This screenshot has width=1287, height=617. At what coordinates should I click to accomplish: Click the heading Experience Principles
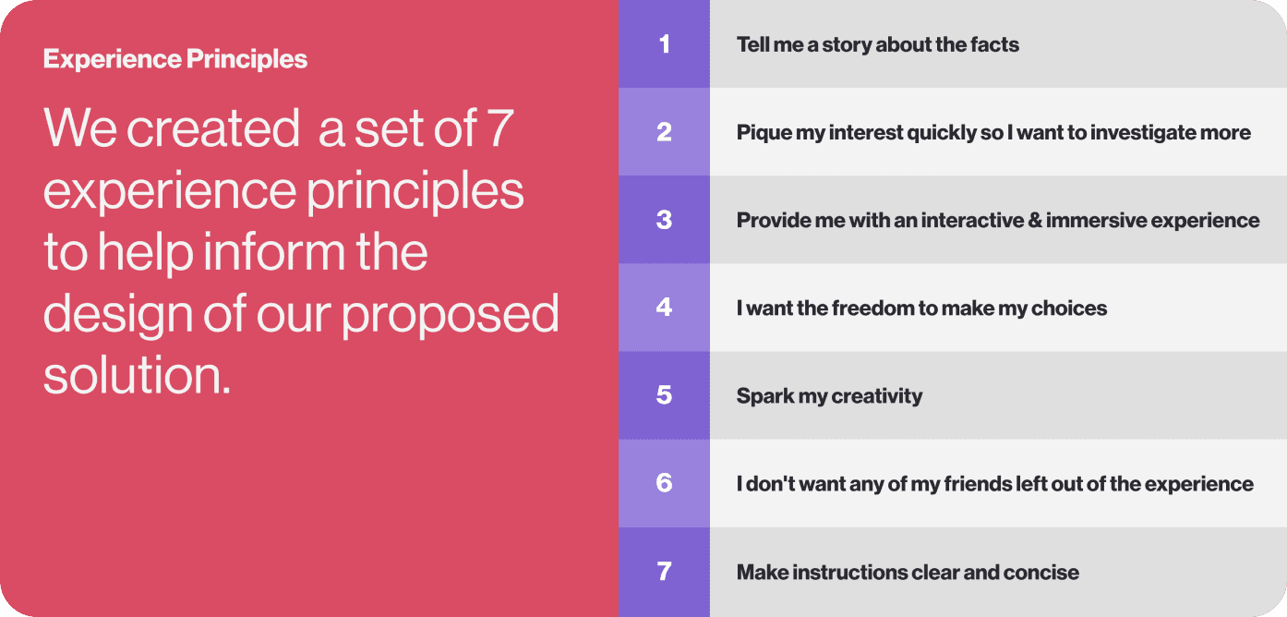click(x=175, y=60)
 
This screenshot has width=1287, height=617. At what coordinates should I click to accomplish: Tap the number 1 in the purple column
click(x=664, y=44)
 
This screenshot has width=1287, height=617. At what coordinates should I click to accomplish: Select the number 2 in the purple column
click(x=664, y=132)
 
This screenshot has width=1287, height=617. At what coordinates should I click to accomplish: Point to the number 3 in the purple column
click(x=664, y=220)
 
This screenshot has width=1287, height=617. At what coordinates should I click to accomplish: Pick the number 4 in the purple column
click(x=664, y=308)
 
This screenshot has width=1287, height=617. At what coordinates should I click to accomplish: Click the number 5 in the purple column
click(x=664, y=395)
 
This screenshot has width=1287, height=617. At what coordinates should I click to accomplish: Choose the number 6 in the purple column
click(x=664, y=483)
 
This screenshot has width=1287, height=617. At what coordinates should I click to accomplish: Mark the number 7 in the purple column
click(x=664, y=571)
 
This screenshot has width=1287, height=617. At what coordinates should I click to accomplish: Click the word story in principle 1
click(x=847, y=44)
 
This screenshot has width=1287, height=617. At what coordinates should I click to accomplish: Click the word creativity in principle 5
click(x=876, y=395)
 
